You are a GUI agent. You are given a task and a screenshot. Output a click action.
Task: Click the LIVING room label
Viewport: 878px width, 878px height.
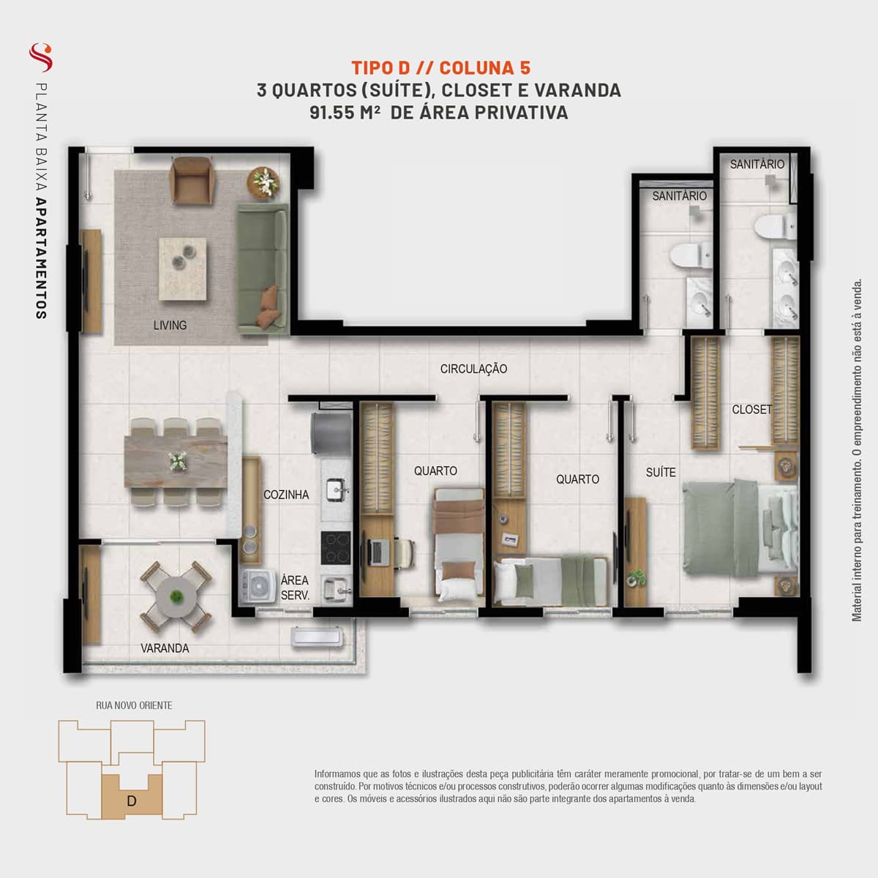point(170,326)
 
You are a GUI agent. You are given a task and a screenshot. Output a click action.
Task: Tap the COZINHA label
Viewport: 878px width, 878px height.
point(286,495)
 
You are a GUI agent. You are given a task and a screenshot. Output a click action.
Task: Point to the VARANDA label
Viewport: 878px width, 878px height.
point(165,648)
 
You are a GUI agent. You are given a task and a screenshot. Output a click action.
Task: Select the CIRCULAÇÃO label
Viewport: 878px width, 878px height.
point(473,369)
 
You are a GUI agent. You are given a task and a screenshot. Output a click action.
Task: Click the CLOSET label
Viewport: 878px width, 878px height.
point(752,409)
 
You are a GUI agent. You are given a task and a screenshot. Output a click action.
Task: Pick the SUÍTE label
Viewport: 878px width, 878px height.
point(661,472)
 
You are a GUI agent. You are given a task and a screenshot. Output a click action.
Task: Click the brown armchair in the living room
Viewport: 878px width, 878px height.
point(192,181)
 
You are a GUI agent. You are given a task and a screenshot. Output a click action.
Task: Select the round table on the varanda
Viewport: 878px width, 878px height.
point(176,596)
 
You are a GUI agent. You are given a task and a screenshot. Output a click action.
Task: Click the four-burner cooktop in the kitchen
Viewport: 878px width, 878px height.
point(336,548)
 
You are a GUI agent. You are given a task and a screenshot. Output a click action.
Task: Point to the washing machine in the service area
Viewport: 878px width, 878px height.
point(257,585)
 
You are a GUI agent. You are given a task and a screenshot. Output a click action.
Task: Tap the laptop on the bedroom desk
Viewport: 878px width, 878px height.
point(377,552)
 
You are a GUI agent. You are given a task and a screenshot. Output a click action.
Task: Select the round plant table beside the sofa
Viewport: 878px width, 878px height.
point(263,183)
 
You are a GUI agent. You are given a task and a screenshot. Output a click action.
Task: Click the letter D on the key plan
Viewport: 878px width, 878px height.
point(132,800)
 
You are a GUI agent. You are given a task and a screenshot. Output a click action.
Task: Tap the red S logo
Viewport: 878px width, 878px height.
point(41,57)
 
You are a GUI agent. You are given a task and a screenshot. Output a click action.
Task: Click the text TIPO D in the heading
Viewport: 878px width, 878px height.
point(381,68)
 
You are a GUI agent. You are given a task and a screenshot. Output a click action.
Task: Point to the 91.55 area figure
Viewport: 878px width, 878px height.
point(332,113)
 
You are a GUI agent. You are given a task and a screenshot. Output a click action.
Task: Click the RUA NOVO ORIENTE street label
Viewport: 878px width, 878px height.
point(134,705)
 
